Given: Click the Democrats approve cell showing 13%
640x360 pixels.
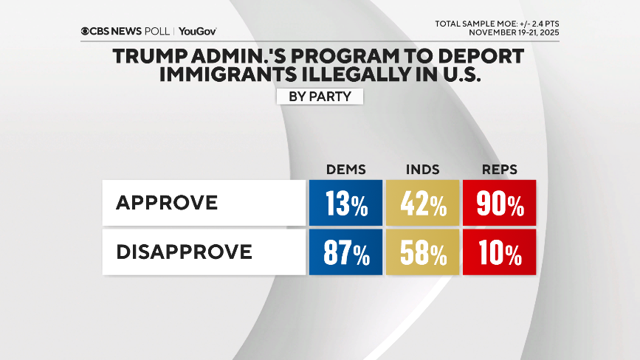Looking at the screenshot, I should point(345,203).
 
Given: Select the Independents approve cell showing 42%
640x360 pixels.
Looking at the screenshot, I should point(422,203).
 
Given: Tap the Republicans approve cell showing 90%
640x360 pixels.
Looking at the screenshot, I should point(499,203).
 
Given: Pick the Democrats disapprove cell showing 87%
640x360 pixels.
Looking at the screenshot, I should point(345,253).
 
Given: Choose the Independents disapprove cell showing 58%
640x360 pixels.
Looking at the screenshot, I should point(422,253).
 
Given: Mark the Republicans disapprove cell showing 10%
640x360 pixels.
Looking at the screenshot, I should point(499,253).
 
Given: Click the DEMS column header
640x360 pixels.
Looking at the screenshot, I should point(345,169).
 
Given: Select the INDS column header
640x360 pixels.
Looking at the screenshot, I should point(422,169).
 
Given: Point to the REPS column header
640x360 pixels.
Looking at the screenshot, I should point(499,169).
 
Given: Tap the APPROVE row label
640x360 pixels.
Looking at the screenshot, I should point(167,203).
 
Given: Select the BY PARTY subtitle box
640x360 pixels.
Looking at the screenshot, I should point(320,97).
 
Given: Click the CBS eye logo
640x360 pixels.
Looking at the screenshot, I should point(86,32).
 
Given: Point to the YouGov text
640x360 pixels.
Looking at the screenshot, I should point(197,32).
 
